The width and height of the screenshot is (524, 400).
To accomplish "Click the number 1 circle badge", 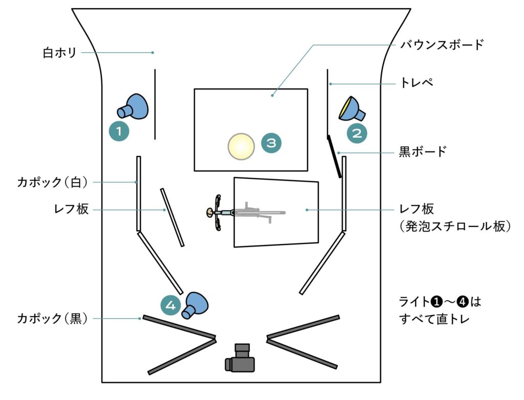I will point(119,131).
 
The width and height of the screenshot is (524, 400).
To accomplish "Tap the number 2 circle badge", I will point(357,133).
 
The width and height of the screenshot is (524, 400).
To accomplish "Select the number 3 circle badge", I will point(271,143).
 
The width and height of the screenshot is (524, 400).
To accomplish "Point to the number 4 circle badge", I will point(171,306).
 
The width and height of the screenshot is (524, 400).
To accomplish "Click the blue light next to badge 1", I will point(134,107).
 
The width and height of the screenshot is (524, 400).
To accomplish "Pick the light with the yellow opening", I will point(352,108).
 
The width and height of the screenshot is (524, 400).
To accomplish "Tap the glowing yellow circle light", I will point(241,146).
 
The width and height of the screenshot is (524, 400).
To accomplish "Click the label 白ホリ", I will point(60,53).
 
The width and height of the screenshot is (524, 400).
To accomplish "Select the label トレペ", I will point(416,82).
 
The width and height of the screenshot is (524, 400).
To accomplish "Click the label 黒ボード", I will point(423,151).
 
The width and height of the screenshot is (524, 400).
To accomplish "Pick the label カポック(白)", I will point(53,182).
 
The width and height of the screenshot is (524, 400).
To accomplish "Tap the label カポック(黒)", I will point(53,318).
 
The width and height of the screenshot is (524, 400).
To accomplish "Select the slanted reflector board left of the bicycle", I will point(172,217).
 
